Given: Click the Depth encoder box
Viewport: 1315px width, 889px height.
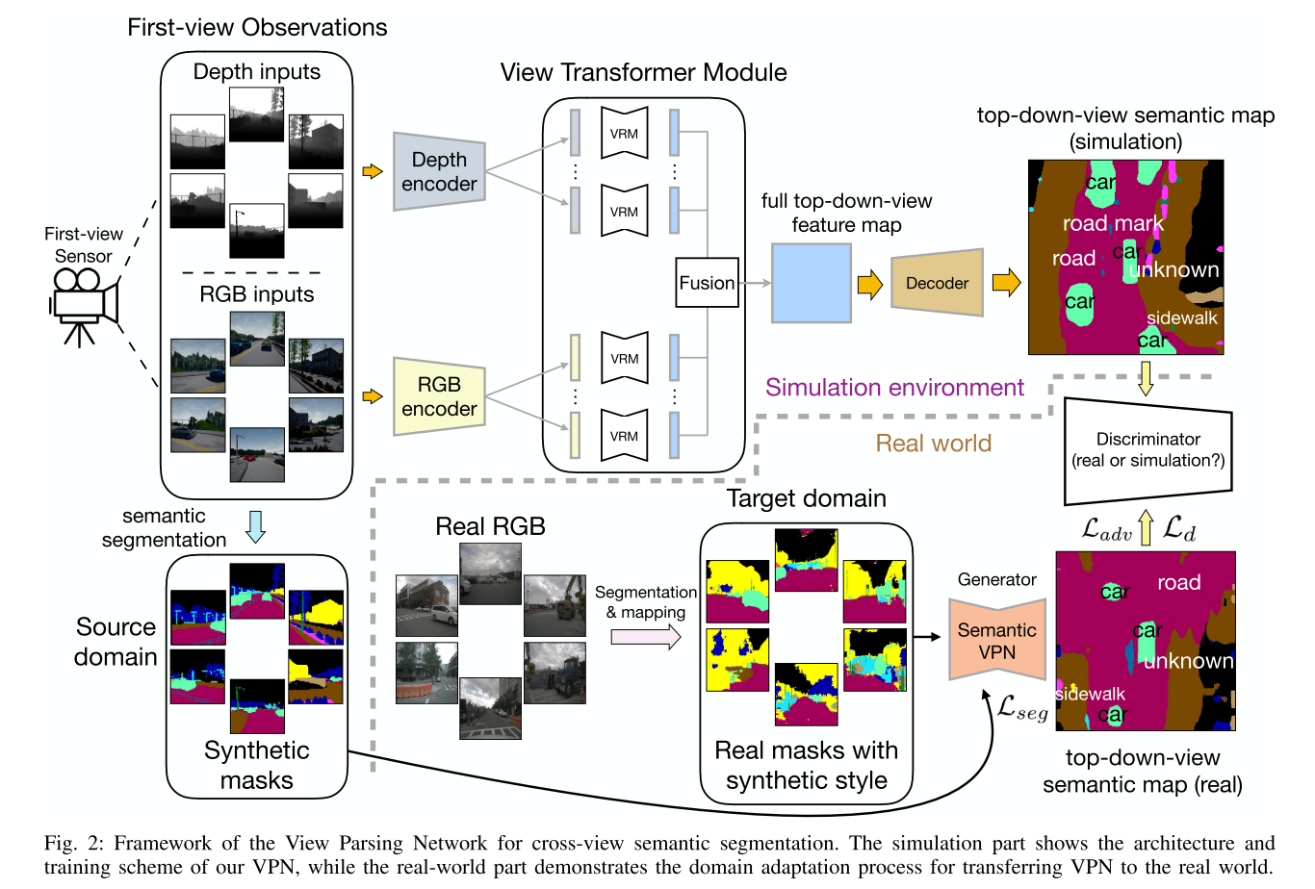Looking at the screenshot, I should pos(439,171).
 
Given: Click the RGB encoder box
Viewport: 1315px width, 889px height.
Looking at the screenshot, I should pos(439,396).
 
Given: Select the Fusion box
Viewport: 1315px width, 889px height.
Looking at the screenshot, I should pos(707,283).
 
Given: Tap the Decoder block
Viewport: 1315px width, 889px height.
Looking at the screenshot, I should pos(937,283).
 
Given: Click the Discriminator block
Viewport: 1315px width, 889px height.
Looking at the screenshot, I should pos(1147,450).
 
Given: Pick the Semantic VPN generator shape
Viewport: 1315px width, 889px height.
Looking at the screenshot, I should pos(996,641).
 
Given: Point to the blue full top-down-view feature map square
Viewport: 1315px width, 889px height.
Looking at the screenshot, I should pos(811,283).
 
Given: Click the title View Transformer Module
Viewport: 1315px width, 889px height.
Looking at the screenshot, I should pos(643,73).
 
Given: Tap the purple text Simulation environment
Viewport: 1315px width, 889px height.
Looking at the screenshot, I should pos(894,388).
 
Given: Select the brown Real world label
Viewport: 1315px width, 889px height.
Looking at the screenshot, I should pos(933,444).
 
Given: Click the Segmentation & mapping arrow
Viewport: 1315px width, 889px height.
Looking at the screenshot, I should pos(646,636).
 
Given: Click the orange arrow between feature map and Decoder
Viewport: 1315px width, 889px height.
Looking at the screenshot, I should pos(869,285).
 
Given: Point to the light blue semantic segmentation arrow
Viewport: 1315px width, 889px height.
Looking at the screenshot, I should pos(255,526).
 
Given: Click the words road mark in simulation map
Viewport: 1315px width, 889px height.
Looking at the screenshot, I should pos(1113,224).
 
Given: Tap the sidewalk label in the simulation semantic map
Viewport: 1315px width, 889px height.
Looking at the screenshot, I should pos(1181,318).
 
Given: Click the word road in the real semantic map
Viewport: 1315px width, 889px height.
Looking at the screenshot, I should pos(1178,582).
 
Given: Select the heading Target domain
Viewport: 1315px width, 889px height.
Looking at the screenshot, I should pos(806,498).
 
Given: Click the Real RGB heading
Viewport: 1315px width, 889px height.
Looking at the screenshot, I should pos(490,526).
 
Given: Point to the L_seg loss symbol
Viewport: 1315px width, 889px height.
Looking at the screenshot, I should pos(1022,708).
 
